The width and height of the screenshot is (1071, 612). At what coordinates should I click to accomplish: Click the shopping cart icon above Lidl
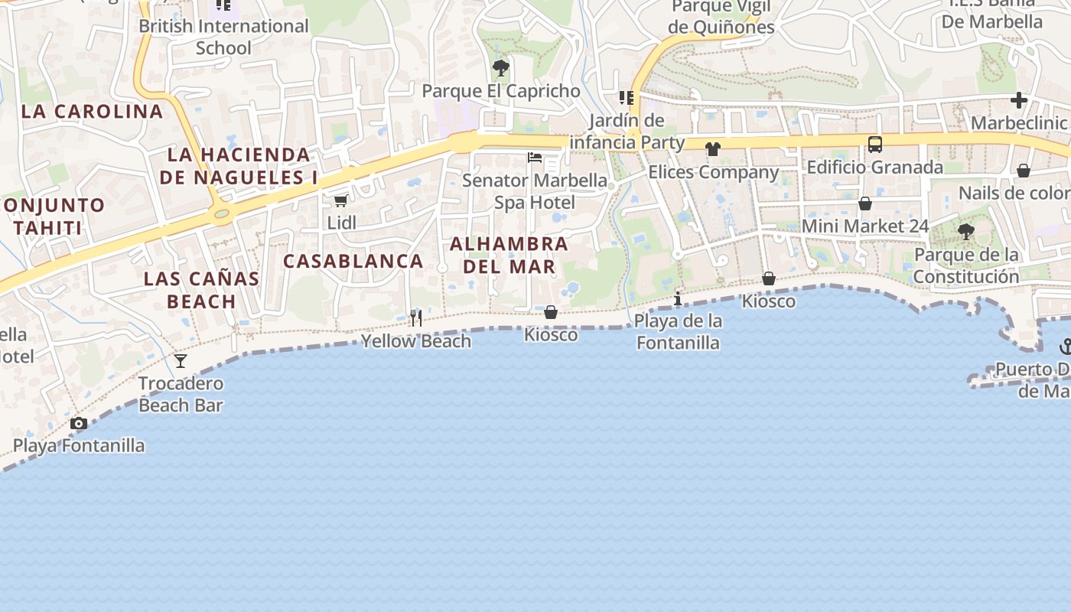click(x=341, y=200)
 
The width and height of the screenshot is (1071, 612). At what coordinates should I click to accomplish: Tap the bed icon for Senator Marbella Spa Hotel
click(x=535, y=158)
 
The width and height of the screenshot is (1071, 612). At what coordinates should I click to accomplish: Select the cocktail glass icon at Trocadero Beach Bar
click(x=181, y=360)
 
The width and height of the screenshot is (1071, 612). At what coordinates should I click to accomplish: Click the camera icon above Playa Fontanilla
click(x=78, y=423)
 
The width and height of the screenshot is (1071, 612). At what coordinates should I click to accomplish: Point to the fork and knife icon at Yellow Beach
click(x=416, y=317)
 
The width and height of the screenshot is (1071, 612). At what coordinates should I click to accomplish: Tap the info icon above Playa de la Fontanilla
click(x=677, y=298)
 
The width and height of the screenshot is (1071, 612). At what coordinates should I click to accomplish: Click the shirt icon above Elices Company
click(x=713, y=149)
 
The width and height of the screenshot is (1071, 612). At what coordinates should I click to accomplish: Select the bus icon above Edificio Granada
click(x=874, y=144)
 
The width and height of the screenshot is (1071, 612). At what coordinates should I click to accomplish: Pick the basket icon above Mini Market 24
click(x=865, y=203)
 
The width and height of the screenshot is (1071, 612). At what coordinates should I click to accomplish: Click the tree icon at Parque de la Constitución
click(x=966, y=231)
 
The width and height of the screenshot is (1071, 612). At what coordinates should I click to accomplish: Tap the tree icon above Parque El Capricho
click(x=501, y=68)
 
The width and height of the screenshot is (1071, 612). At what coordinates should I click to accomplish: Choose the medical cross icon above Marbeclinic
click(x=1018, y=100)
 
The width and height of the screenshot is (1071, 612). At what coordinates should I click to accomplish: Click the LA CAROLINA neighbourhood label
click(x=92, y=112)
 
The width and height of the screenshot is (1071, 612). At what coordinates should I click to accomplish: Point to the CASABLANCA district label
click(x=353, y=261)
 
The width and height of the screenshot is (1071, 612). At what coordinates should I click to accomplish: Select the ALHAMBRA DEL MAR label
click(x=509, y=256)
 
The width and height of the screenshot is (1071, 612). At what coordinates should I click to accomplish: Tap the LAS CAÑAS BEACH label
click(x=202, y=290)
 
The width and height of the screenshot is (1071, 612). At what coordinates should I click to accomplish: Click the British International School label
click(x=223, y=37)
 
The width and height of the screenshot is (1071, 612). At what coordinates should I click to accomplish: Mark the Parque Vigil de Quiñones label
click(x=721, y=17)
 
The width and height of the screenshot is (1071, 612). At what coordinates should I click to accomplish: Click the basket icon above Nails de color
click(x=1023, y=170)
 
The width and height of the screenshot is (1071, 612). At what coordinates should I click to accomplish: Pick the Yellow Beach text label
click(x=416, y=341)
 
